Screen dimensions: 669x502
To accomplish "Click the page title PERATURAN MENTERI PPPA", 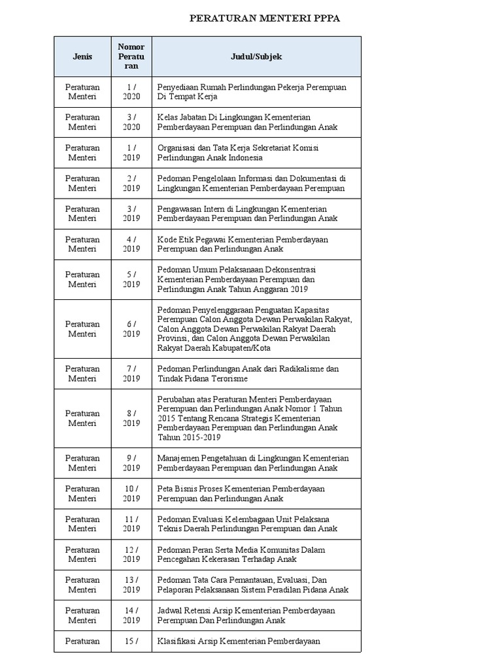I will tap(265, 18).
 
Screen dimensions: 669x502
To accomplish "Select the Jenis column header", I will tap(82, 56).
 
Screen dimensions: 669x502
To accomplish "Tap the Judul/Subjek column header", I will tap(256, 56).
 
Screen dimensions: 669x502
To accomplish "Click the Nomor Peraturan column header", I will tap(131, 56).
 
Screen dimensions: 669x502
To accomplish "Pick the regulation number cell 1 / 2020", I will tap(131, 91).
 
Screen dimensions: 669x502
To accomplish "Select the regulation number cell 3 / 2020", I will tap(131, 122).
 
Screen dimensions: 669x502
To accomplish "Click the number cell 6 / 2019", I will tap(131, 329).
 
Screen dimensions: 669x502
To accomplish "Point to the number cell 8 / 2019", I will tap(131, 418).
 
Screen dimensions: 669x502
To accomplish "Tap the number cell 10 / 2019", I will tap(131, 493).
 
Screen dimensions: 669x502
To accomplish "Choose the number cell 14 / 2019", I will tap(131, 615).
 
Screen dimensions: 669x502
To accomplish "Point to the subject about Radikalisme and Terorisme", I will tap(248, 374).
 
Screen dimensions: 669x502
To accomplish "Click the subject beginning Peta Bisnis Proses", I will tap(241, 493).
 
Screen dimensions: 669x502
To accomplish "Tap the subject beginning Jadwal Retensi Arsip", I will tap(246, 615).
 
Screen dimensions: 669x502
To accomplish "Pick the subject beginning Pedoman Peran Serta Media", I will tap(241, 554).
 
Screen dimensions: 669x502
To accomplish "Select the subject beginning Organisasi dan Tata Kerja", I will tap(238, 152).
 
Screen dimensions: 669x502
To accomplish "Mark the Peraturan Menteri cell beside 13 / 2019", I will tap(82, 585).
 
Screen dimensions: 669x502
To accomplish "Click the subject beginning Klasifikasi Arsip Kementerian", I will tap(239, 641).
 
